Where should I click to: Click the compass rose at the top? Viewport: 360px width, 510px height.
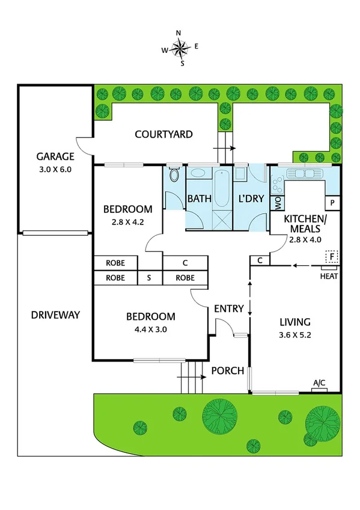[180, 46]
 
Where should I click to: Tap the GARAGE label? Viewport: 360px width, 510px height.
[54, 157]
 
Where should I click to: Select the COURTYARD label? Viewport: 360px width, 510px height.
[163, 134]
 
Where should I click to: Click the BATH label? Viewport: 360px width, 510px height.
[199, 198]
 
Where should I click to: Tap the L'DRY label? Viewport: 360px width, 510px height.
[251, 198]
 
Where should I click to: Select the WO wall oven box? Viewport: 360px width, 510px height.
[277, 204]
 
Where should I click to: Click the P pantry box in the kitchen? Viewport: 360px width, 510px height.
[332, 203]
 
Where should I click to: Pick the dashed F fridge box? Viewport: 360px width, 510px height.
[330, 257]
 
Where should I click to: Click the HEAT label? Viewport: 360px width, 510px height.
[329, 277]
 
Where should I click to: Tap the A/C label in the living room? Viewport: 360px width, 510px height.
[319, 382]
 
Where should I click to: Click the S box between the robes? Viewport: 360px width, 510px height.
[149, 278]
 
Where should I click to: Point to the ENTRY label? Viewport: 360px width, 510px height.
[229, 309]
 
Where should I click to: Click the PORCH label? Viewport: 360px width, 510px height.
[228, 370]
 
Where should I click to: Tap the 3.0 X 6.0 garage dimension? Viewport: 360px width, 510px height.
[53, 170]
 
